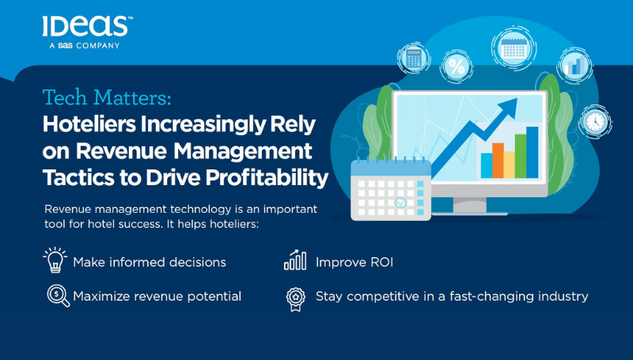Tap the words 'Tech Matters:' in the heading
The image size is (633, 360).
(x=107, y=97)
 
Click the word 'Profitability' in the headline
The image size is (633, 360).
(x=267, y=177)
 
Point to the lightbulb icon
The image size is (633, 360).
(x=55, y=260)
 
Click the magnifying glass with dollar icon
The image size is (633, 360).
(x=58, y=296)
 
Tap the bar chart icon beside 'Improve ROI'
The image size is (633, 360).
(x=295, y=260)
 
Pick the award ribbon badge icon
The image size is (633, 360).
(x=295, y=298)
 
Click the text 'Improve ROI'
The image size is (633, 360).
(x=354, y=263)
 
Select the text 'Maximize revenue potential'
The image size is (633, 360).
(x=157, y=296)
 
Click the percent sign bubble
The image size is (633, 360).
(x=457, y=66)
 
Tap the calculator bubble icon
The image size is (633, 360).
(x=414, y=59)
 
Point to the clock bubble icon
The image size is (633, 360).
(x=595, y=122)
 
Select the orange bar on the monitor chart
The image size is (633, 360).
(x=498, y=161)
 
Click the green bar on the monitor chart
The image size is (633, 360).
(x=521, y=156)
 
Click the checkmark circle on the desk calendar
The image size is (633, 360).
(x=400, y=202)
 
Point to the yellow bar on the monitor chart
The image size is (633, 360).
(x=509, y=165)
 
